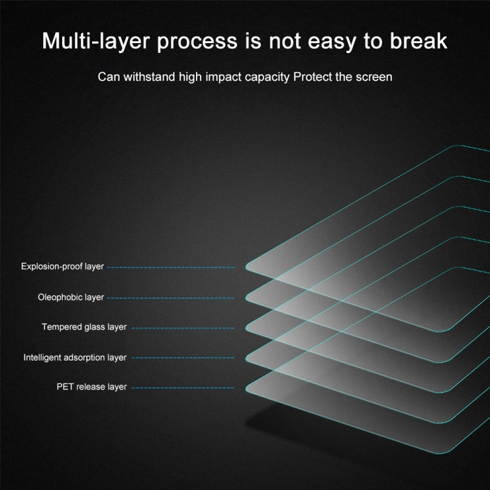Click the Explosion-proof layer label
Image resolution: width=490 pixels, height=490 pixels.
click(62, 267)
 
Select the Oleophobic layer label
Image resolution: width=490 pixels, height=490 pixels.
click(71, 297)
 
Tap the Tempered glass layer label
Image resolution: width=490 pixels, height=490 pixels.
click(75, 327)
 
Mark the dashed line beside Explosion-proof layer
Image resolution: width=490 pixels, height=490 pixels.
click(171, 267)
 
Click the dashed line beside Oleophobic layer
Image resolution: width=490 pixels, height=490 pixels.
click(171, 298)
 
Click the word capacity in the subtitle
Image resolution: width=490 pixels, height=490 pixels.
click(267, 77)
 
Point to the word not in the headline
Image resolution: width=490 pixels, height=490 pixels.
click(280, 41)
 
